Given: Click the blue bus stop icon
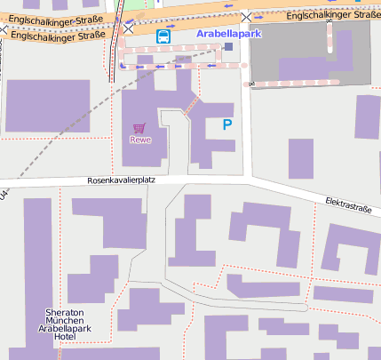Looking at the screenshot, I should (163, 36).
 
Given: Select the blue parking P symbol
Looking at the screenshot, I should (227, 125).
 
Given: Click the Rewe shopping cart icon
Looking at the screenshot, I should (139, 128).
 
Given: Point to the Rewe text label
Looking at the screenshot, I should (140, 140).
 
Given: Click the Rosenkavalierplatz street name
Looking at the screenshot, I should (121, 180).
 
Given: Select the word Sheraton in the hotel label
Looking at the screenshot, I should (64, 313).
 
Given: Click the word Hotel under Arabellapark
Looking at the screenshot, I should (64, 338).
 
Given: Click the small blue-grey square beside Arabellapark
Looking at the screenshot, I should (228, 46).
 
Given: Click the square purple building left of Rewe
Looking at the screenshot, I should (48, 106).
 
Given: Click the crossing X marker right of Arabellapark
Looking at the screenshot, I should (247, 17).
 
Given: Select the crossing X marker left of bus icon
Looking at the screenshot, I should (130, 28).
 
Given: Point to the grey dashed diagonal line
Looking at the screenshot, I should (71, 133).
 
